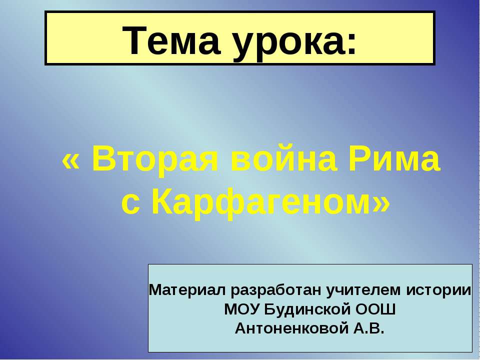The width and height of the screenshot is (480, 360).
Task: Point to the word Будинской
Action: pyautogui.click(x=306, y=310)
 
